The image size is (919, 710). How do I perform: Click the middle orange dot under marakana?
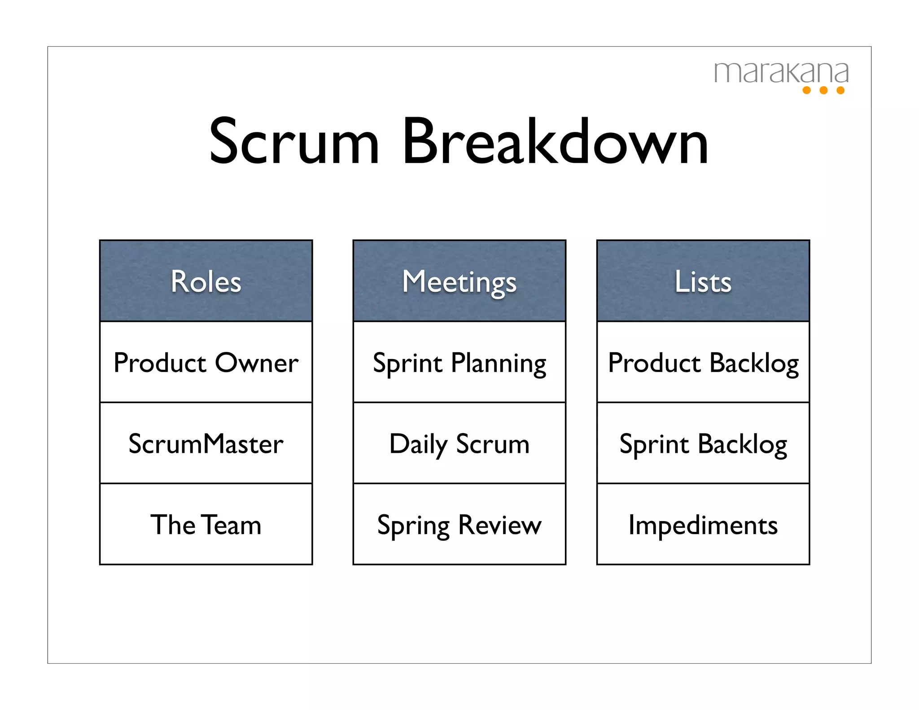tap(823, 90)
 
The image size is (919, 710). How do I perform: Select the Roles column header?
tap(206, 281)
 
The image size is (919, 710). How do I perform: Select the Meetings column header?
tap(459, 281)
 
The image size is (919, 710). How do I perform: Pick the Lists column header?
tap(703, 281)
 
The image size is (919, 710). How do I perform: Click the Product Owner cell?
tap(206, 363)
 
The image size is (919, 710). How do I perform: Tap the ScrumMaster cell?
tap(206, 444)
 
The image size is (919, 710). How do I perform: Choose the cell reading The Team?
tap(206, 525)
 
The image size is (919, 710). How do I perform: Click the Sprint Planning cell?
tap(459, 363)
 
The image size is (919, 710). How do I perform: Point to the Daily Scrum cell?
tap(459, 444)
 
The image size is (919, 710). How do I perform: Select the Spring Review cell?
tap(459, 525)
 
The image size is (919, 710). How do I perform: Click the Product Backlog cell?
tap(703, 363)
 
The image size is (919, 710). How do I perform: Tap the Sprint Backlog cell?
tap(703, 444)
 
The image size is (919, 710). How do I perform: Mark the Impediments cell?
tap(703, 525)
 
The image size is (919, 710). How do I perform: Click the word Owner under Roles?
tap(257, 363)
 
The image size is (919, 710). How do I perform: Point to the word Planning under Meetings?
tap(499, 363)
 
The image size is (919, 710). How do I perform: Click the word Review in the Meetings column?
tap(500, 525)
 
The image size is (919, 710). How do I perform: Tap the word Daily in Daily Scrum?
tap(418, 444)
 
